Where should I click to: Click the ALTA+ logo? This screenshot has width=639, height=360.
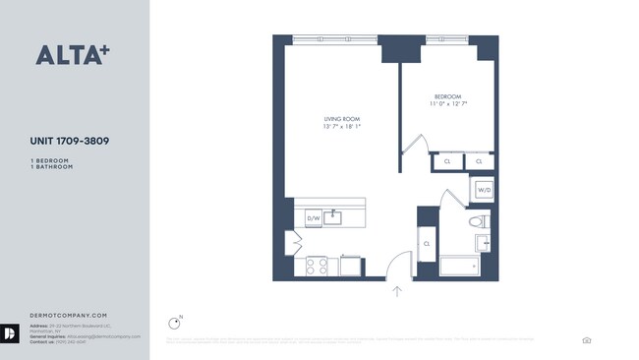coord(72,55)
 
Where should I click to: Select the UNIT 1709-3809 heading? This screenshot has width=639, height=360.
coord(69,142)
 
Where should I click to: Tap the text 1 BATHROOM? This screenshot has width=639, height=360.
coord(52,167)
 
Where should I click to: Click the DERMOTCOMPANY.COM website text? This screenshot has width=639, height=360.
coord(68,314)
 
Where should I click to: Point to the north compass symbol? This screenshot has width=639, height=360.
coord(174,322)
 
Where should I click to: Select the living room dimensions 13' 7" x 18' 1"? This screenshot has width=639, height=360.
coord(341,126)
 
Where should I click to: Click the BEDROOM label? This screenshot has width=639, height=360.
coord(445,96)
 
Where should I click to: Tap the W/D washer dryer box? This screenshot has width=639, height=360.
coord(484,189)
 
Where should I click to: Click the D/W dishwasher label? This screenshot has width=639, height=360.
coord(313,218)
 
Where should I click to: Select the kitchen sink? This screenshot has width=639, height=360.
coord(334,216)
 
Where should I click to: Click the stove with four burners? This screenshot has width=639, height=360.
coord(316,265)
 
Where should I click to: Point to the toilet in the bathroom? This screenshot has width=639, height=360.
coord(478,221)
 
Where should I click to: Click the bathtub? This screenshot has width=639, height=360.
coord(460,266)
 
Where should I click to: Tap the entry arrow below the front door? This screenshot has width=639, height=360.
coord(397,290)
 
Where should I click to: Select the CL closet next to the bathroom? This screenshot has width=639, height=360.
coord(427,242)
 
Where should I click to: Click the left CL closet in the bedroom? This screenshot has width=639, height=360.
coord(447,160)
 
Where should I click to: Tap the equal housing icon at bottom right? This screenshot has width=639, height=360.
coord(587,340)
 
